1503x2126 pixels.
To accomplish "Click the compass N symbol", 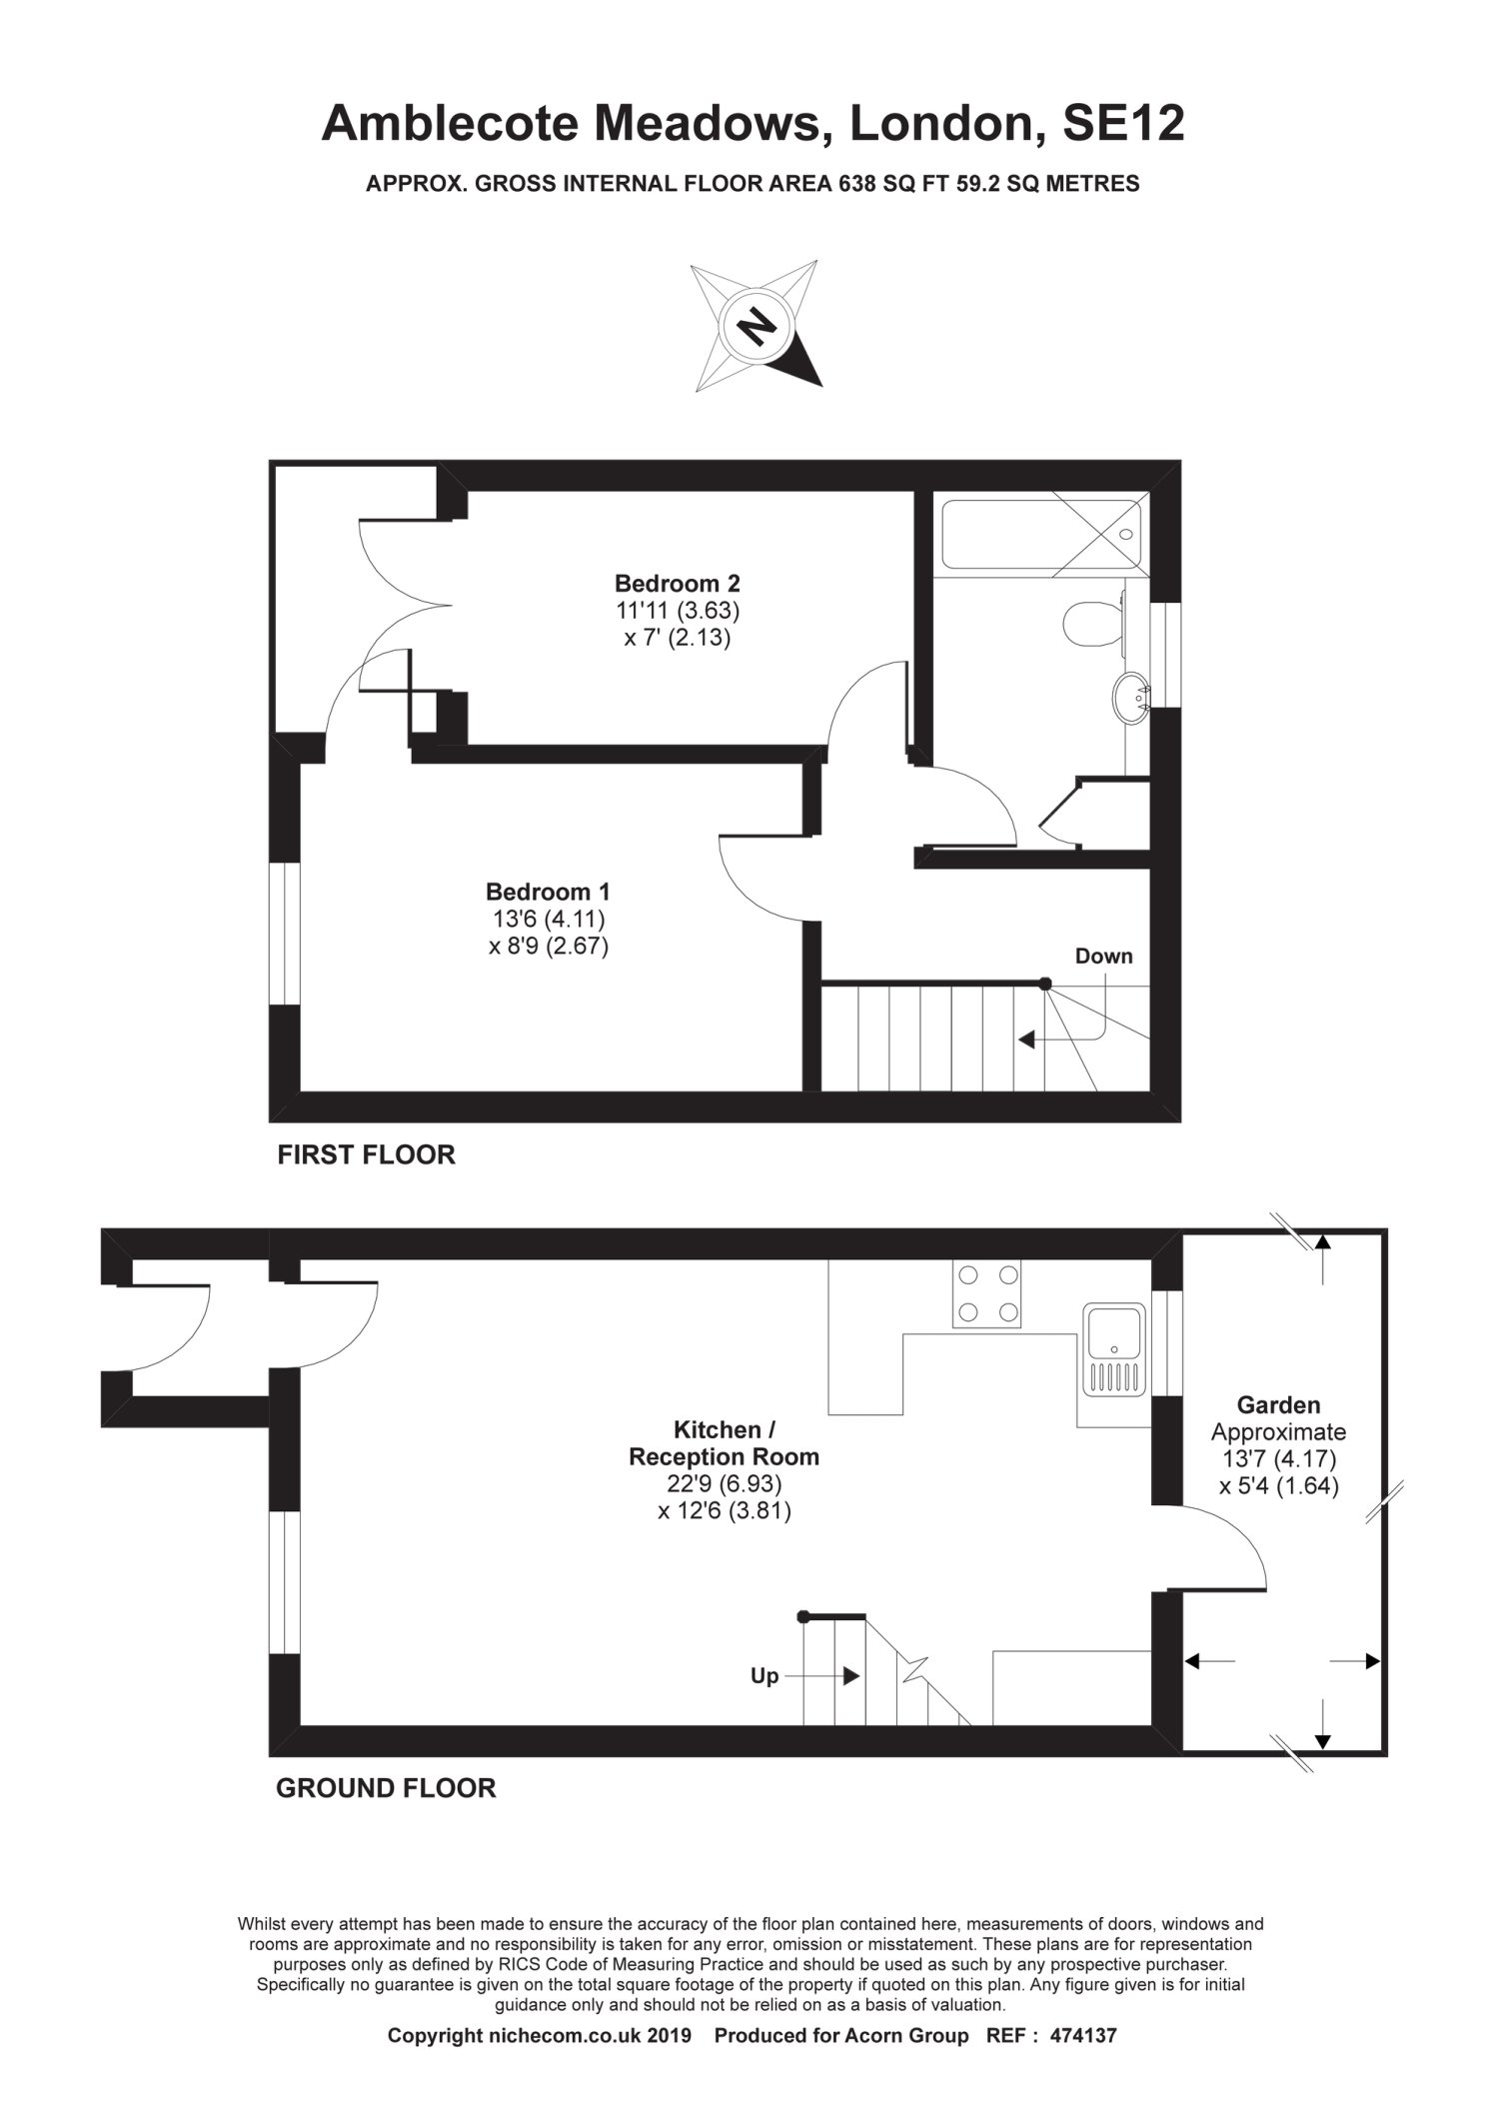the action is (x=756, y=325).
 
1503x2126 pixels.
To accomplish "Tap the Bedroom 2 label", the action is (x=677, y=583).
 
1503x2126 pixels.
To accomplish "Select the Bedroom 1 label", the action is (x=548, y=892).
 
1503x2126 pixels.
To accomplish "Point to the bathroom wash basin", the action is (x=1133, y=698).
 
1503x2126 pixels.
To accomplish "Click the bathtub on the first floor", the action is (x=1040, y=535).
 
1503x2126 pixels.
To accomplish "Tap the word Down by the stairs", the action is (x=1104, y=957).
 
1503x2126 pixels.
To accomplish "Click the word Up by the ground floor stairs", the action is (x=764, y=1676).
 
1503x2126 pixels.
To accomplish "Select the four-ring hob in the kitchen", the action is (x=986, y=1294).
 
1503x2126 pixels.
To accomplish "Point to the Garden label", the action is (x=1278, y=1405).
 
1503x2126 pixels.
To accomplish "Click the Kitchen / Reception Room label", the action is (x=724, y=1443).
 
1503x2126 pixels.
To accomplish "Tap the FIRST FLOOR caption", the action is (x=366, y=1155).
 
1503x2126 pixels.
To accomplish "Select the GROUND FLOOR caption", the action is (x=386, y=1788).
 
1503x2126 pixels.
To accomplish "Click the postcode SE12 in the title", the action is (x=1123, y=125).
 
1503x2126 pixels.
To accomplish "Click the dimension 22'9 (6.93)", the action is (x=725, y=1484).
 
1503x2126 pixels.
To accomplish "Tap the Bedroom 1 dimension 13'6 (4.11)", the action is (x=548, y=919).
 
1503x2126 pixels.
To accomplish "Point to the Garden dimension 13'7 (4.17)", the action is (x=1278, y=1459).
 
